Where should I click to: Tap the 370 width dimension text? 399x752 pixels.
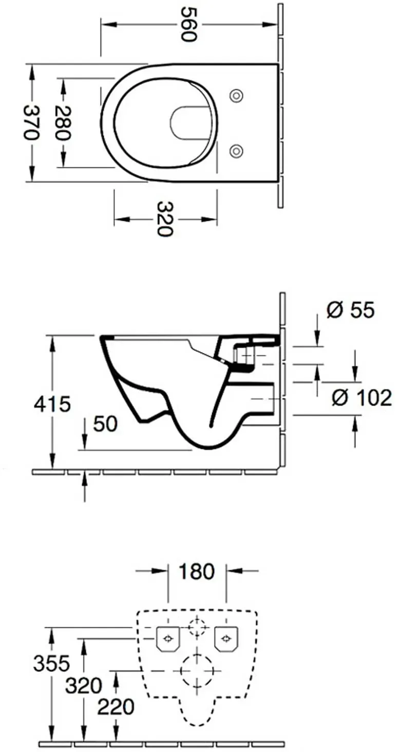click(x=32, y=123)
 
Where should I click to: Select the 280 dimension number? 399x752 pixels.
click(x=63, y=123)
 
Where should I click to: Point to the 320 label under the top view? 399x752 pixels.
click(x=165, y=219)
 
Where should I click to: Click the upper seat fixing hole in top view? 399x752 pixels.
click(x=236, y=95)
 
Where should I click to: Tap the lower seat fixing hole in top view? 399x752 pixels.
click(x=236, y=150)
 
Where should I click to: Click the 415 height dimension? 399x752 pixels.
click(x=52, y=403)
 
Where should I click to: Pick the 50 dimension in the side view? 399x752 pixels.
click(x=105, y=423)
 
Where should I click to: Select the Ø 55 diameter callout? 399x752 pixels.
click(x=350, y=310)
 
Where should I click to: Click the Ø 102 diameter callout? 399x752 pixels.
click(x=362, y=398)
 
